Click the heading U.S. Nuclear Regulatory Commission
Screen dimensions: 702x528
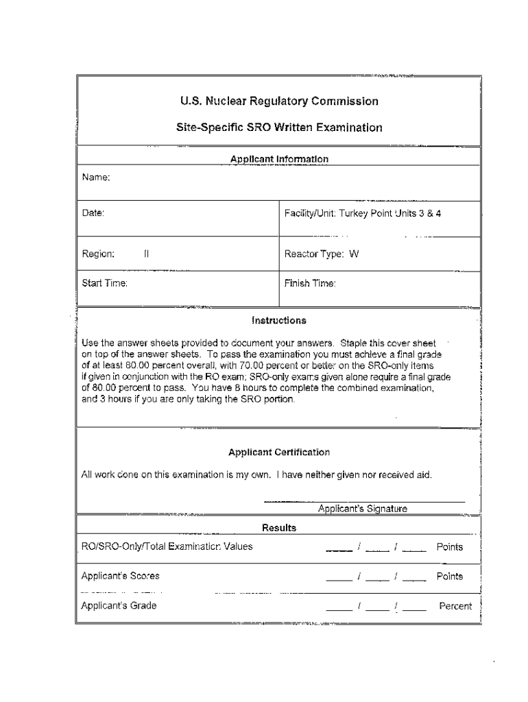pyautogui.click(x=279, y=101)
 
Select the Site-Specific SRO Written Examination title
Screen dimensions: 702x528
pyautogui.click(x=279, y=128)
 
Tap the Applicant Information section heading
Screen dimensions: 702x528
pyautogui.click(x=279, y=159)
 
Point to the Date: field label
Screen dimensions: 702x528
pyautogui.click(x=93, y=213)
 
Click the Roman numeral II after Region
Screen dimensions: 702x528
pyautogui.click(x=146, y=254)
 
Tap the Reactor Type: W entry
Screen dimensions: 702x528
pyautogui.click(x=322, y=254)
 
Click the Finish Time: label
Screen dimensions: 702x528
pyautogui.click(x=310, y=282)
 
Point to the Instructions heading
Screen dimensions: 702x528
pyautogui.click(x=279, y=320)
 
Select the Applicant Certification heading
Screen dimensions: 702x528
pyautogui.click(x=279, y=452)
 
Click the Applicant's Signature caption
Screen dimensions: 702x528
pyautogui.click(x=363, y=509)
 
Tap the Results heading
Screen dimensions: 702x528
pyautogui.click(x=279, y=528)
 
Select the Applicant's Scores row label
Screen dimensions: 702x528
pyautogui.click(x=120, y=576)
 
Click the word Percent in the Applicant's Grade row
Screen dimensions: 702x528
pyautogui.click(x=455, y=606)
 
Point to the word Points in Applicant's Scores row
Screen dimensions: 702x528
pyautogui.click(x=450, y=576)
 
